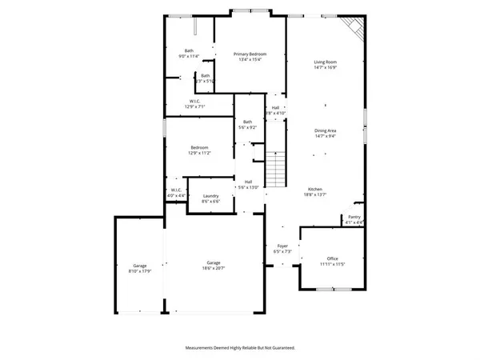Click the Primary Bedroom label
click(x=250, y=54)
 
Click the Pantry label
click(x=354, y=217)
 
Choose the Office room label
click(x=332, y=258)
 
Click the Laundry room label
click(x=211, y=196)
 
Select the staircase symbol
click(x=276, y=169)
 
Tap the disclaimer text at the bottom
click(x=240, y=348)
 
